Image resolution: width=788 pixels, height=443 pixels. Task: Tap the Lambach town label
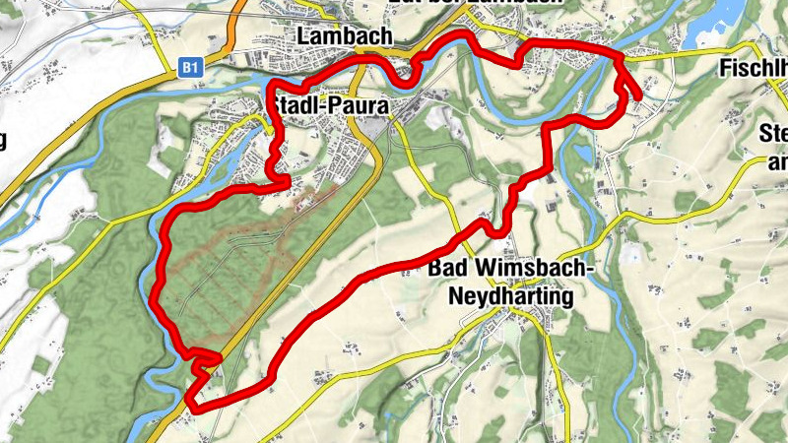pos(344,36)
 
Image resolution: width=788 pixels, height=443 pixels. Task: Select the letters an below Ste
pos(776,160)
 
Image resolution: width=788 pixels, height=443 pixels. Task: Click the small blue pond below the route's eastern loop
pos(583,155)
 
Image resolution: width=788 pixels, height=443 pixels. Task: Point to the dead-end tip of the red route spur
pos(639,96)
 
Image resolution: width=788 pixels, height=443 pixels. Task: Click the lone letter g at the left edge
pos(3,139)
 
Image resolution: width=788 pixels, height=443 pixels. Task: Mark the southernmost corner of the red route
pos(191,405)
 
